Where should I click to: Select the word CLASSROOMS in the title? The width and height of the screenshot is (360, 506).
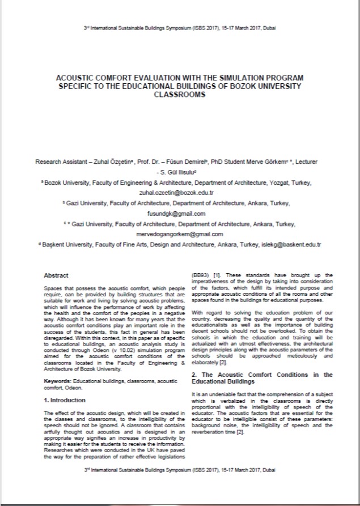[180, 95]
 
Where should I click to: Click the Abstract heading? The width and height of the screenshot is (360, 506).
[56, 275]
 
